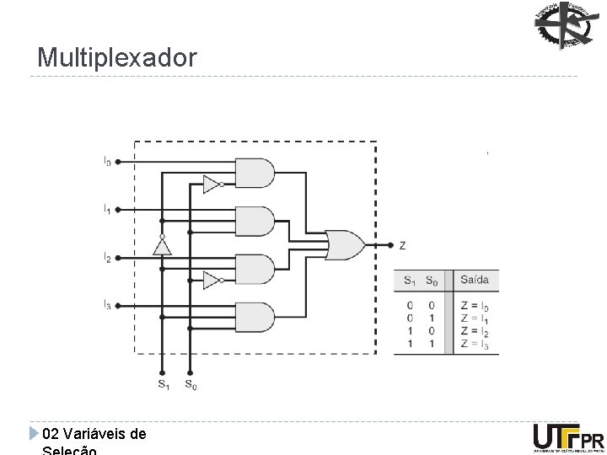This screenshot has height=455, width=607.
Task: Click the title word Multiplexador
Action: (x=117, y=58)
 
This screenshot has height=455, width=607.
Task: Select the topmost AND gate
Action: (x=254, y=174)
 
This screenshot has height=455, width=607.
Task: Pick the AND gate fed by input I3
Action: (x=254, y=317)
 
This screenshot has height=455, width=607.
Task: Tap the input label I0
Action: (x=107, y=160)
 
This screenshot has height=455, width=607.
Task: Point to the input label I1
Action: (x=107, y=207)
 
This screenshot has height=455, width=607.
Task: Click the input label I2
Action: (x=107, y=257)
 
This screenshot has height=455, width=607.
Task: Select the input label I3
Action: (x=107, y=305)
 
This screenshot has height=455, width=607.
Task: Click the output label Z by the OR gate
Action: (x=402, y=245)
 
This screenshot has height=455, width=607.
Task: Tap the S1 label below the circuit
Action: (x=162, y=385)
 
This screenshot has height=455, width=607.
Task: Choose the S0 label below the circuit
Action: (x=191, y=385)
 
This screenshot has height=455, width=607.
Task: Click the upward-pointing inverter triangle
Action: (x=162, y=245)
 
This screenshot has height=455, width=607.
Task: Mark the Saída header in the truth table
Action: (x=474, y=280)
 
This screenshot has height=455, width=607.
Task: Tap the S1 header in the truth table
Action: (x=409, y=280)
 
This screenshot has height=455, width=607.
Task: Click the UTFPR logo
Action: (x=568, y=439)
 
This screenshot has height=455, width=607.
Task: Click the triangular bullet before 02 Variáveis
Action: (x=34, y=434)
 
